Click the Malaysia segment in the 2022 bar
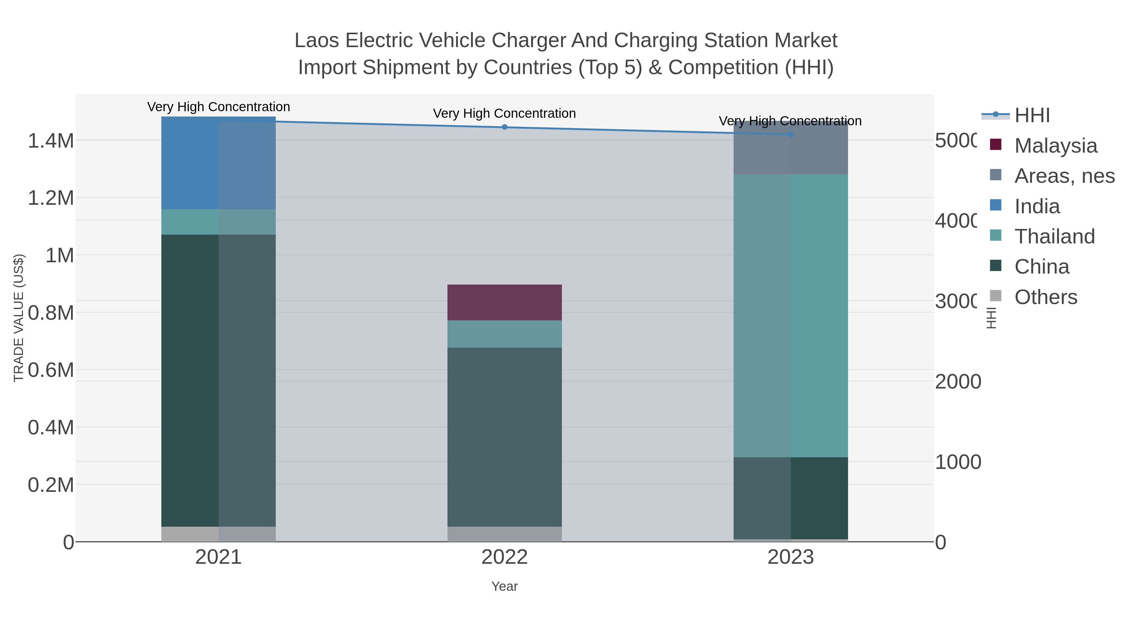coord(504,302)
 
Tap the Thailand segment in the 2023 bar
coord(791,316)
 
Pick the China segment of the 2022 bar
coord(504,437)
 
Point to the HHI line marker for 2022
coord(504,127)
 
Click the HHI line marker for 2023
coord(791,134)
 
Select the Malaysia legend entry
coord(1055,146)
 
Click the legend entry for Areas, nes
coord(1064,176)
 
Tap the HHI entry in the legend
coord(1031,116)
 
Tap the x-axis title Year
coord(504,586)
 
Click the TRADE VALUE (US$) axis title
coord(19,318)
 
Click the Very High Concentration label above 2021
coord(219,107)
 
